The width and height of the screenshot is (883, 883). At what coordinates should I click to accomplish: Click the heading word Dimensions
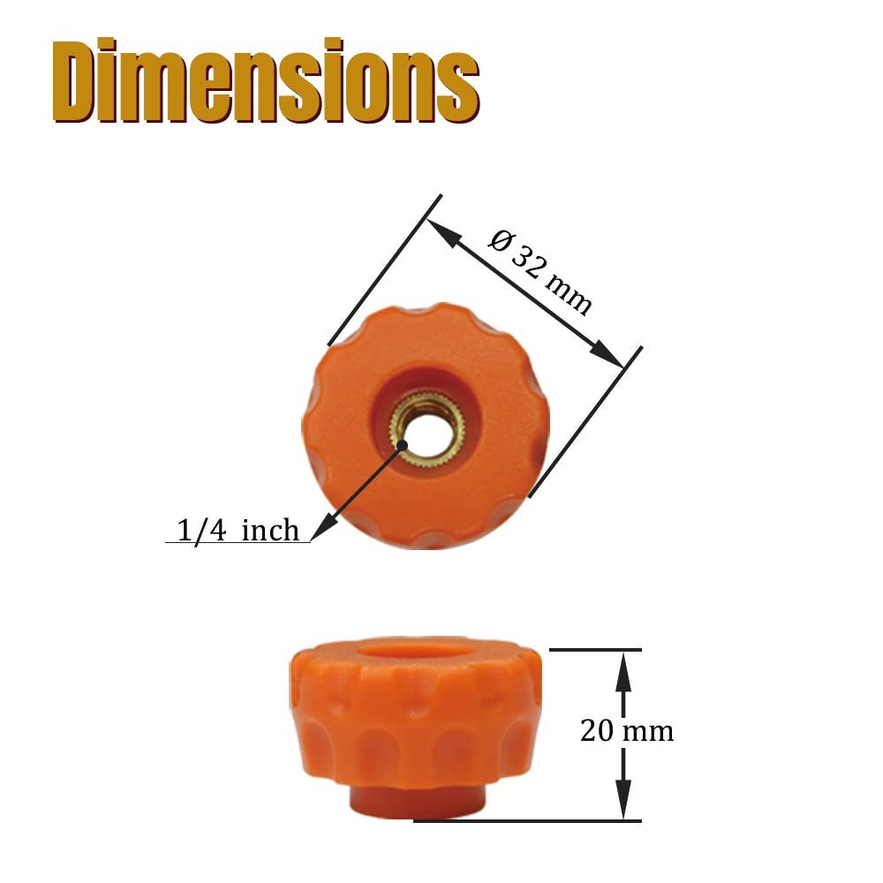pos(265,81)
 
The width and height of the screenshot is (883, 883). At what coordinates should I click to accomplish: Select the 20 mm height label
pos(627,731)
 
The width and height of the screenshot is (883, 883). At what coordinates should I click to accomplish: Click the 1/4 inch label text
pos(238,530)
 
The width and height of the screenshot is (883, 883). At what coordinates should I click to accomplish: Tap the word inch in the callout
pos(270,530)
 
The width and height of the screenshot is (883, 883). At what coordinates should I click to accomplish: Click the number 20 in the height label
pos(596,731)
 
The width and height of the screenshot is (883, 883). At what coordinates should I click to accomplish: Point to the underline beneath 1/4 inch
pos(238,542)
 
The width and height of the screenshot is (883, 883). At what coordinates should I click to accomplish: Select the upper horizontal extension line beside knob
pos(596,650)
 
